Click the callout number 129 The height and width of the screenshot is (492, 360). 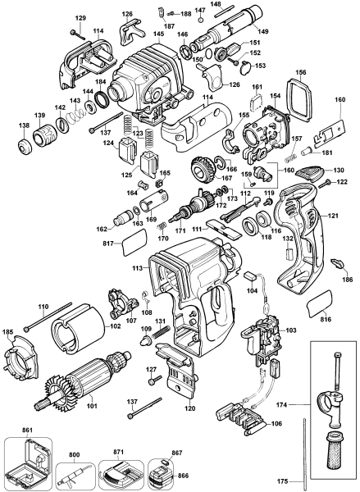pos(80,17)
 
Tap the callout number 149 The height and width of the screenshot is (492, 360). pos(266,32)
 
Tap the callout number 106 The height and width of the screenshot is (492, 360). pos(277,423)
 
